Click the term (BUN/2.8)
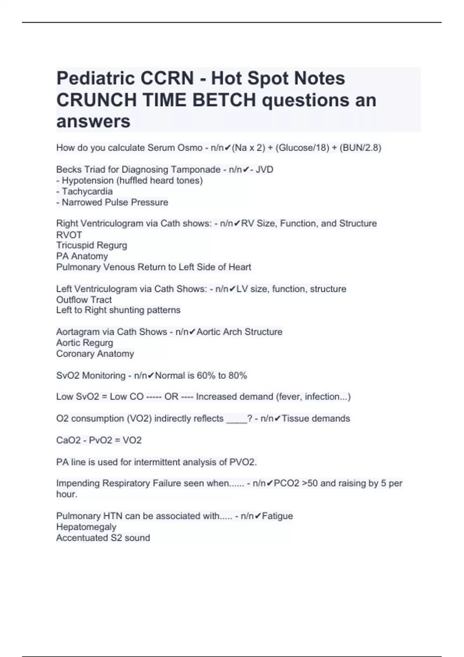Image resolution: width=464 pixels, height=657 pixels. (360, 148)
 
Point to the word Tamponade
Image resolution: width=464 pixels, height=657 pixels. (196, 170)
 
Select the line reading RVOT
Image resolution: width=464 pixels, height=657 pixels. (69, 235)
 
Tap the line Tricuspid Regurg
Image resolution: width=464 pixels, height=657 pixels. (92, 245)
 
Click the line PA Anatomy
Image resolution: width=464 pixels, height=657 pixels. (82, 256)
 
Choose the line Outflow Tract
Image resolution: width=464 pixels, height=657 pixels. (84, 300)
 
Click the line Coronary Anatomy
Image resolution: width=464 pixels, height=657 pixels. (95, 354)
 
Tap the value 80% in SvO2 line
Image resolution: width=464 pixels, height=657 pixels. (238, 376)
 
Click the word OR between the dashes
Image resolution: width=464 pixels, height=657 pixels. (171, 397)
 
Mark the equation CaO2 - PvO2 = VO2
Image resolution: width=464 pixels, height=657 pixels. (99, 441)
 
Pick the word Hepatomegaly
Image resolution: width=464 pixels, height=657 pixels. (86, 527)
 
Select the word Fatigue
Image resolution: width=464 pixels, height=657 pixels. (277, 516)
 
